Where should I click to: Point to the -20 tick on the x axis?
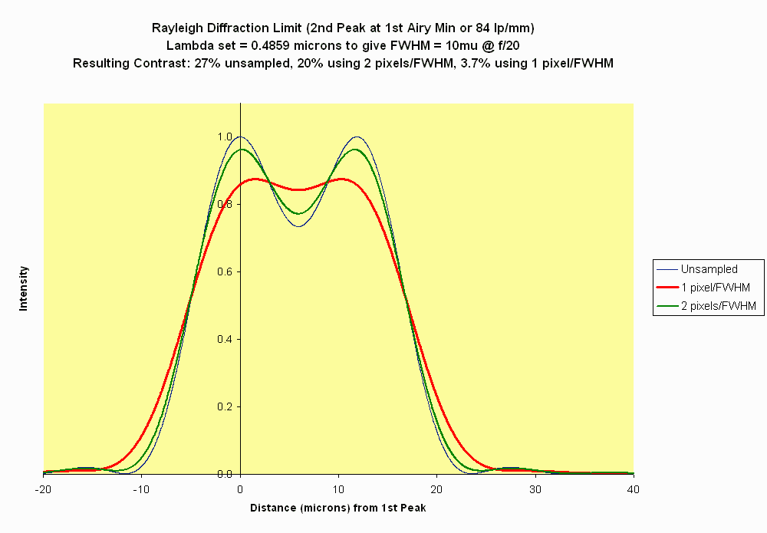(44, 489)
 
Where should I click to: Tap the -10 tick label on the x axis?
(142, 489)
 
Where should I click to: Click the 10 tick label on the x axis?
(339, 489)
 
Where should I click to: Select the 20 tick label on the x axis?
(437, 489)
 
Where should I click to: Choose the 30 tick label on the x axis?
(535, 489)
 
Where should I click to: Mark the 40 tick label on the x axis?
(634, 489)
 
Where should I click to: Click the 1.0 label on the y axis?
(224, 137)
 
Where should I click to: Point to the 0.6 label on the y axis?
(224, 272)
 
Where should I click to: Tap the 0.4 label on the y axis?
(224, 340)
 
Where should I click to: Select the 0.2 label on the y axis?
(224, 407)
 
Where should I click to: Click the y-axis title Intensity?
(23, 288)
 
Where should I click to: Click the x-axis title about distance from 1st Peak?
(338, 508)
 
